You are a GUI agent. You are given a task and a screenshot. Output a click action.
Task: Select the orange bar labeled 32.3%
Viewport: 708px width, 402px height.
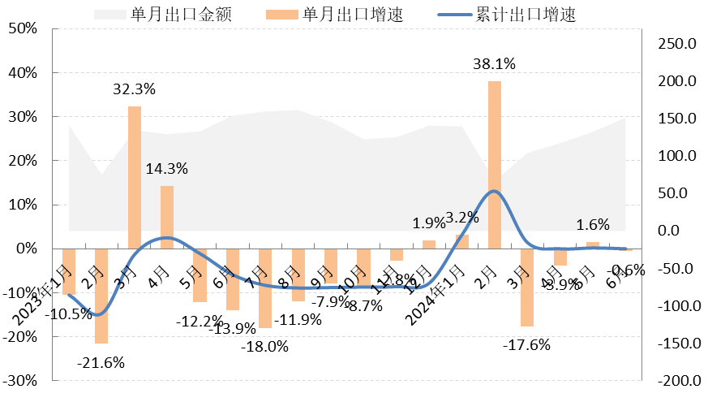tap(135, 178)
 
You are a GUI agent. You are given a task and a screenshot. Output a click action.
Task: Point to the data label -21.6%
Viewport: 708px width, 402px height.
tap(101, 363)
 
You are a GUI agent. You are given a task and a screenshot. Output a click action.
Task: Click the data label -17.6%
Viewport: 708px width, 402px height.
tap(526, 344)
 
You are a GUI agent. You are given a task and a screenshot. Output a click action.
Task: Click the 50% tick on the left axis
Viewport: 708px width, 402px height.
tap(24, 29)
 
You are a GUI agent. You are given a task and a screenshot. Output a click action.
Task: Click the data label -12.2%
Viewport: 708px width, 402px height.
tap(198, 321)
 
